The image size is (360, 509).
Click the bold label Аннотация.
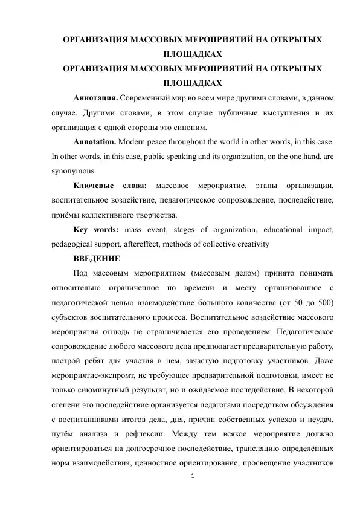95,97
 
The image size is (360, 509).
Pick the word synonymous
74,171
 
